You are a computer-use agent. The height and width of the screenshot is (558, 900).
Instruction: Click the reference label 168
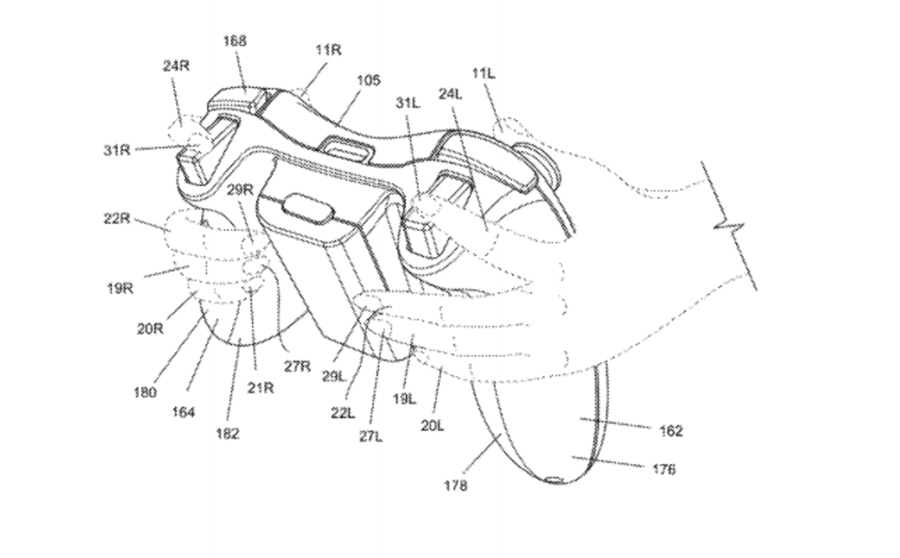[x=234, y=41]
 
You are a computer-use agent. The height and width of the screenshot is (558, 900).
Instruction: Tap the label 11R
[x=328, y=50]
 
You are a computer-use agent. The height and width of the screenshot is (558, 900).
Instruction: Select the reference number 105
[x=368, y=80]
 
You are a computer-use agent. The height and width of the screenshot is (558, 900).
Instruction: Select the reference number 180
[x=145, y=392]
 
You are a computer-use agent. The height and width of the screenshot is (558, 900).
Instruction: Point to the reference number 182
[x=228, y=433]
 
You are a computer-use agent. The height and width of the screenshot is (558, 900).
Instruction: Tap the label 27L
[x=370, y=436]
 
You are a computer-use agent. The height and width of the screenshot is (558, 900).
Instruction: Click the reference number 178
[x=456, y=485]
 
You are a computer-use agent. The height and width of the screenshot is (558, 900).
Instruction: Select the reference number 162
[x=671, y=431]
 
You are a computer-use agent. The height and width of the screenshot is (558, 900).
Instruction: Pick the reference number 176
[x=662, y=469]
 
